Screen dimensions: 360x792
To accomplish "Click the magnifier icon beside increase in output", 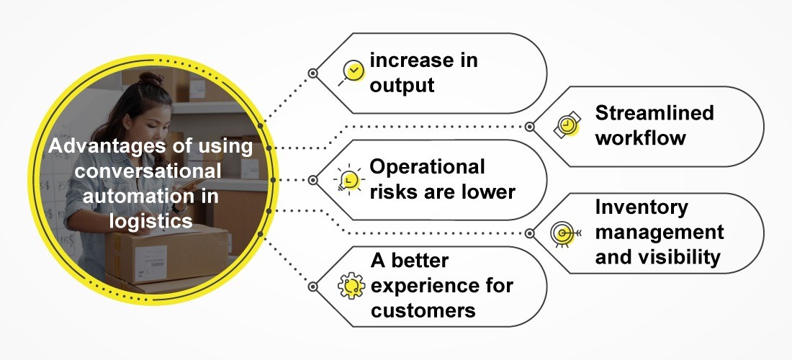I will (351, 71).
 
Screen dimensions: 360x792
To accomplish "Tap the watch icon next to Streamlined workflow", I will (567, 126).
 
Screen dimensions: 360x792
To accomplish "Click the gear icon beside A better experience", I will (351, 285).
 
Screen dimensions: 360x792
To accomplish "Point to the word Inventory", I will (642, 207).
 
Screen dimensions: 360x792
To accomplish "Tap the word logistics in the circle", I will (150, 221).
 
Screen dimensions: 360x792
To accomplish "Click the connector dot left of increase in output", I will (312, 73).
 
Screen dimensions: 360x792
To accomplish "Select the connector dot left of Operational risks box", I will (312, 179).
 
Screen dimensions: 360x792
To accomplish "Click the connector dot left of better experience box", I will (312, 286).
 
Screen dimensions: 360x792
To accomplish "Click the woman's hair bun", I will (150, 78).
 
